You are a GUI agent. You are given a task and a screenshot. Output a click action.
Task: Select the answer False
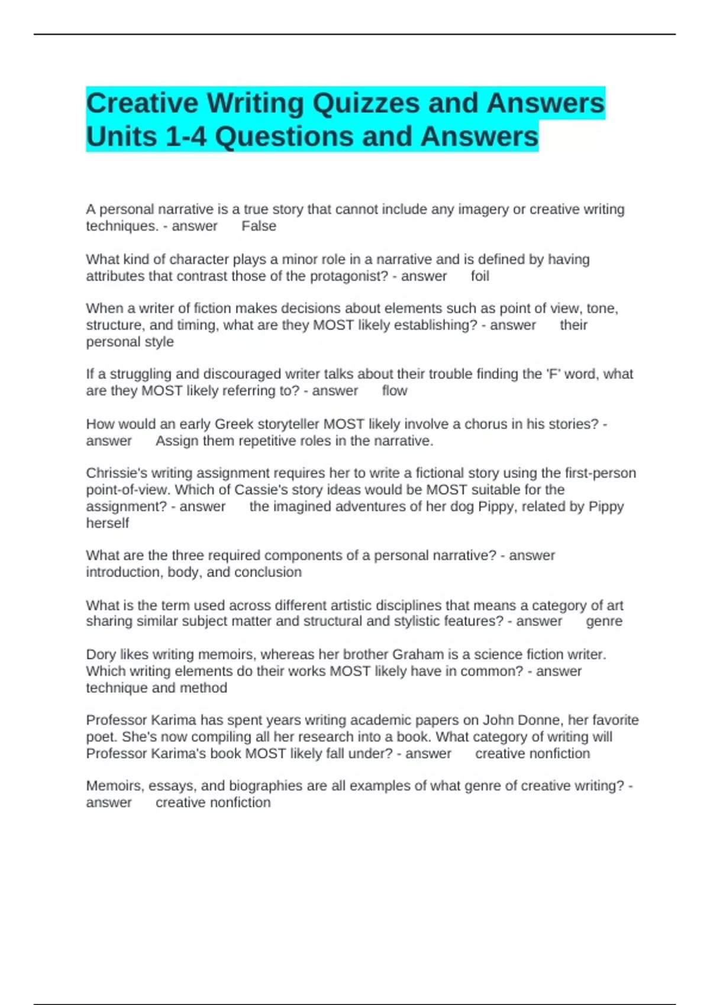click(259, 226)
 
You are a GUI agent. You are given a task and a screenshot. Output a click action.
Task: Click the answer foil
click(480, 276)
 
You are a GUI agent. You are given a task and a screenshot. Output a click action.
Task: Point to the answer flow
click(395, 391)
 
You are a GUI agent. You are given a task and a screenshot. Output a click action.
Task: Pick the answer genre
click(603, 621)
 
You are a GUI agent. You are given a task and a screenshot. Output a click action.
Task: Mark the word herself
click(107, 523)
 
